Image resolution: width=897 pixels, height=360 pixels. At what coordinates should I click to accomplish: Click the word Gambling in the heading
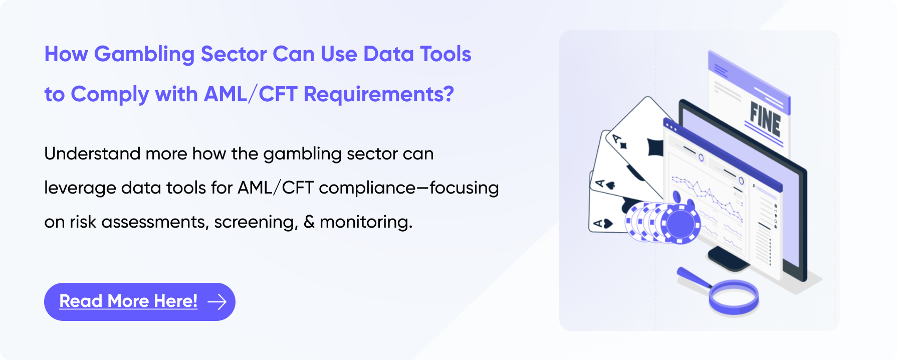[144, 55]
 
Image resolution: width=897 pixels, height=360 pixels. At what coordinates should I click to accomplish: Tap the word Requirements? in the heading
[378, 94]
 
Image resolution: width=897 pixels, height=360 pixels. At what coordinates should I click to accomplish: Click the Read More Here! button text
[128, 301]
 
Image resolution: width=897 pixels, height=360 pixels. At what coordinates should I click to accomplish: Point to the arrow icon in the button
[217, 301]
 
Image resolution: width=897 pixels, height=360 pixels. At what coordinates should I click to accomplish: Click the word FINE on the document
[765, 119]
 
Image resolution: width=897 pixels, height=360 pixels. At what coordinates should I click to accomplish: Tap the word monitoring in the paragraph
[366, 222]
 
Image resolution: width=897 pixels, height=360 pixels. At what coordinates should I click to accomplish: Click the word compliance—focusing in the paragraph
[408, 188]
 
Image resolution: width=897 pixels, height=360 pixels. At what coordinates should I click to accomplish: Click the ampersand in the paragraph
[309, 222]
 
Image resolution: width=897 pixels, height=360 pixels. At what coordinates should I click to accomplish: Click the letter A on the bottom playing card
[598, 223]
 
